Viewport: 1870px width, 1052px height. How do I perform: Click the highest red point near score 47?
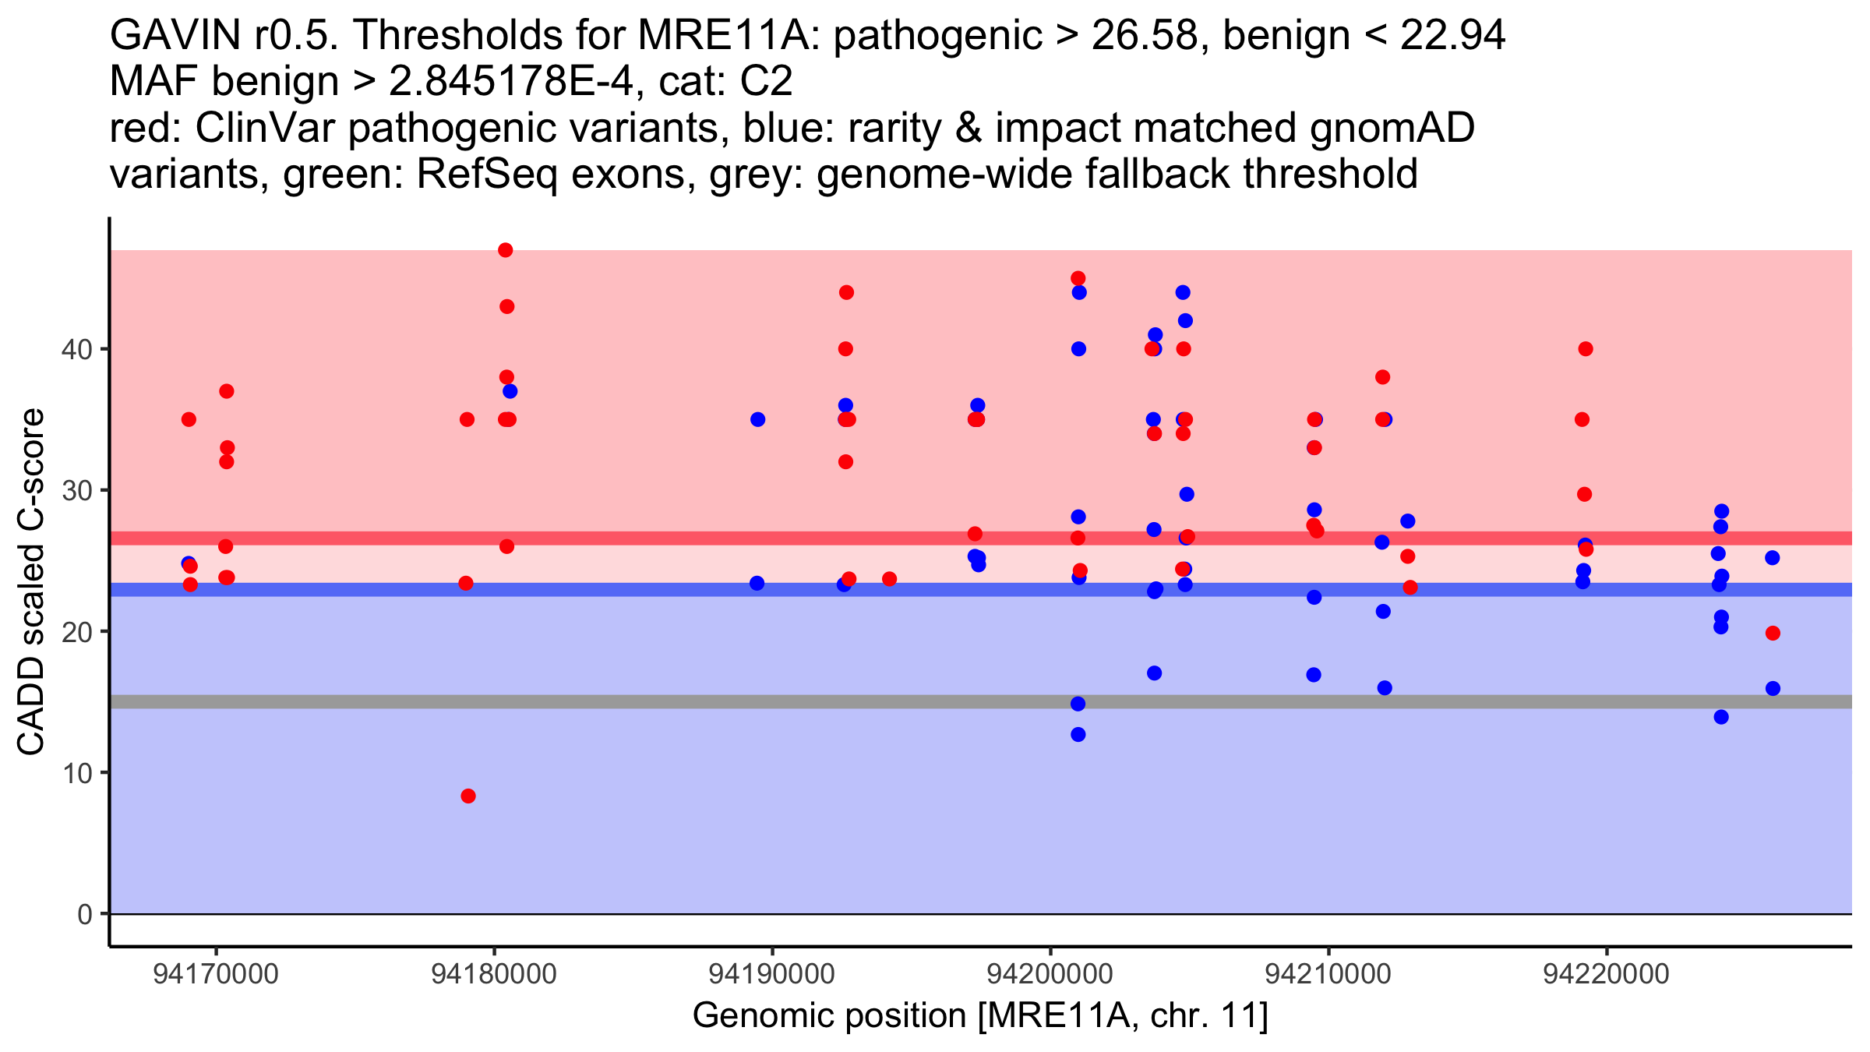point(505,250)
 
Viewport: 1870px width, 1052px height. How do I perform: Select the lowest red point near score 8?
point(468,796)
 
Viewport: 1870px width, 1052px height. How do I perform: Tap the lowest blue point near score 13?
point(1078,734)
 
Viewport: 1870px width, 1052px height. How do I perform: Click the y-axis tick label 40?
point(76,349)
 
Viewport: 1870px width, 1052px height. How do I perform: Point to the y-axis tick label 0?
point(84,914)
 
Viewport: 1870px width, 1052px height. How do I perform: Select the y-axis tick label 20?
point(76,632)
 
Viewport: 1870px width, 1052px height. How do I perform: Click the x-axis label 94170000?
point(216,974)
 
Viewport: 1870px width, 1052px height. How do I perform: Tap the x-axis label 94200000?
point(1050,974)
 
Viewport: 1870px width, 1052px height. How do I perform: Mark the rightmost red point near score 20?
point(1773,633)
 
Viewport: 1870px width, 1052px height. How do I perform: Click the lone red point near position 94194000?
point(889,579)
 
